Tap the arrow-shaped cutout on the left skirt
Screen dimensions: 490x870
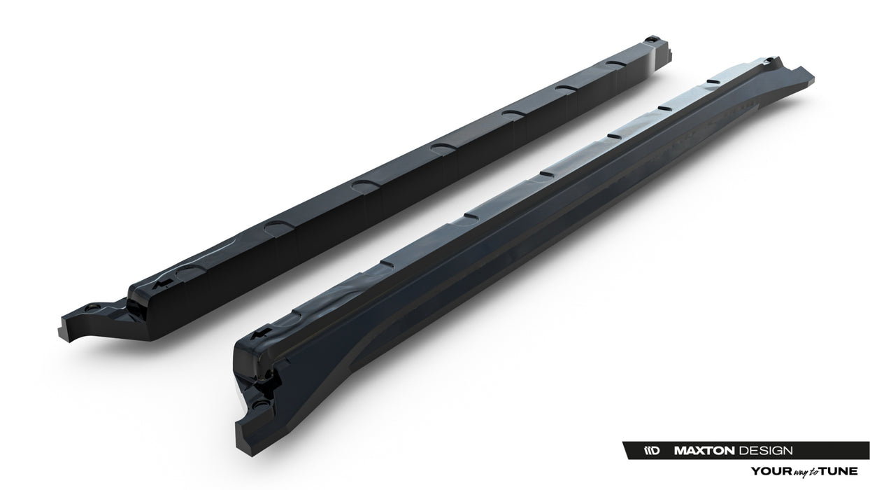(x=165, y=283)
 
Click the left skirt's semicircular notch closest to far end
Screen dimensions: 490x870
(x=615, y=64)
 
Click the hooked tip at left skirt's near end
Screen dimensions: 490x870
(x=67, y=328)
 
